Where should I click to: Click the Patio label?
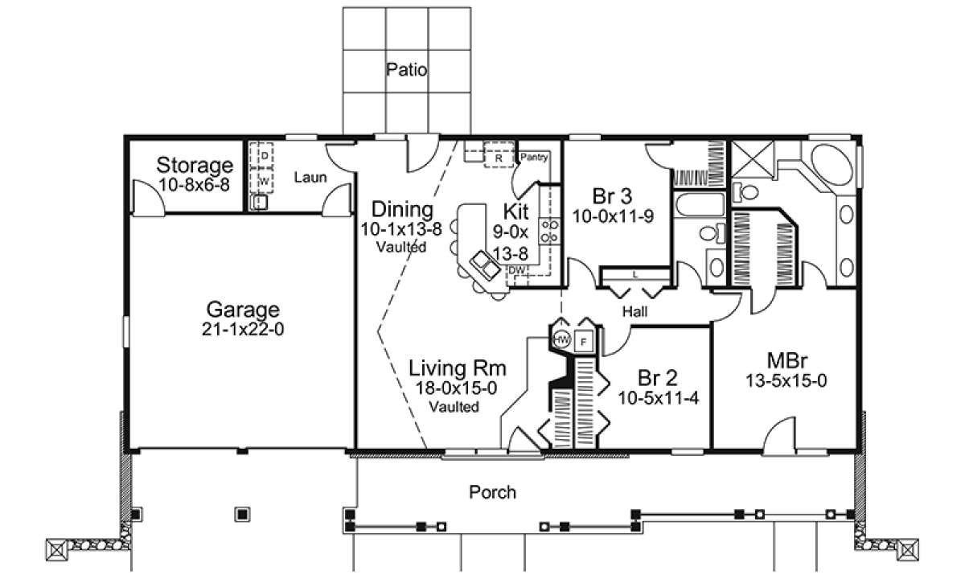[x=406, y=69]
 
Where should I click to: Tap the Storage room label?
[x=195, y=165]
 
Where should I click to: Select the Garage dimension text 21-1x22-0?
[x=243, y=330]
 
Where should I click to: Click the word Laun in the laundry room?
[x=310, y=177]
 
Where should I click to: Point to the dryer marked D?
[x=265, y=155]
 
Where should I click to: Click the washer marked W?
[x=265, y=180]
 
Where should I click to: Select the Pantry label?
[x=534, y=157]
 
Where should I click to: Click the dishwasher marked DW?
[x=517, y=270]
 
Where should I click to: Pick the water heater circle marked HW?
[x=561, y=339]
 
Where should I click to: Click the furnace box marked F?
[x=584, y=342]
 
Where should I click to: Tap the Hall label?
[x=634, y=311]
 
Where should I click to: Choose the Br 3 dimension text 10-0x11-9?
[x=613, y=216]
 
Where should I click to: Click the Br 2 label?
[x=658, y=378]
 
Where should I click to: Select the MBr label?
[x=787, y=360]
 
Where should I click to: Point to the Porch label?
[x=492, y=492]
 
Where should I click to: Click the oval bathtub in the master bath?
[x=832, y=166]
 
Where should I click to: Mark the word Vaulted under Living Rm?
[x=454, y=407]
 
